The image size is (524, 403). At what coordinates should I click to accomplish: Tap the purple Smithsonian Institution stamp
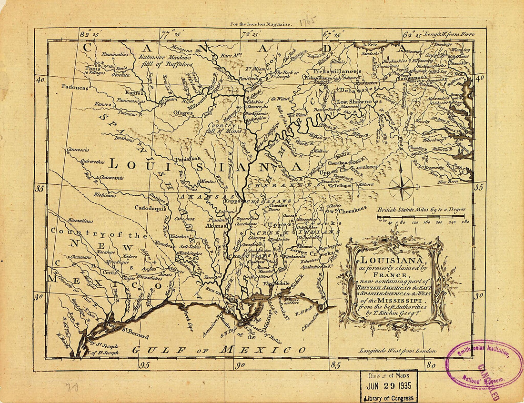pos(484,365)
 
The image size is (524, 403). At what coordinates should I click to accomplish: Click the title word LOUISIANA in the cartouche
pos(393,260)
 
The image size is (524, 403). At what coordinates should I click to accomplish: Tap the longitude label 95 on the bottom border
pos(144,365)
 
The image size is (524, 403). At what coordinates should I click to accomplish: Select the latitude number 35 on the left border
pos(40,189)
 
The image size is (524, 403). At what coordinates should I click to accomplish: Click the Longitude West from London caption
pos(398,351)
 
